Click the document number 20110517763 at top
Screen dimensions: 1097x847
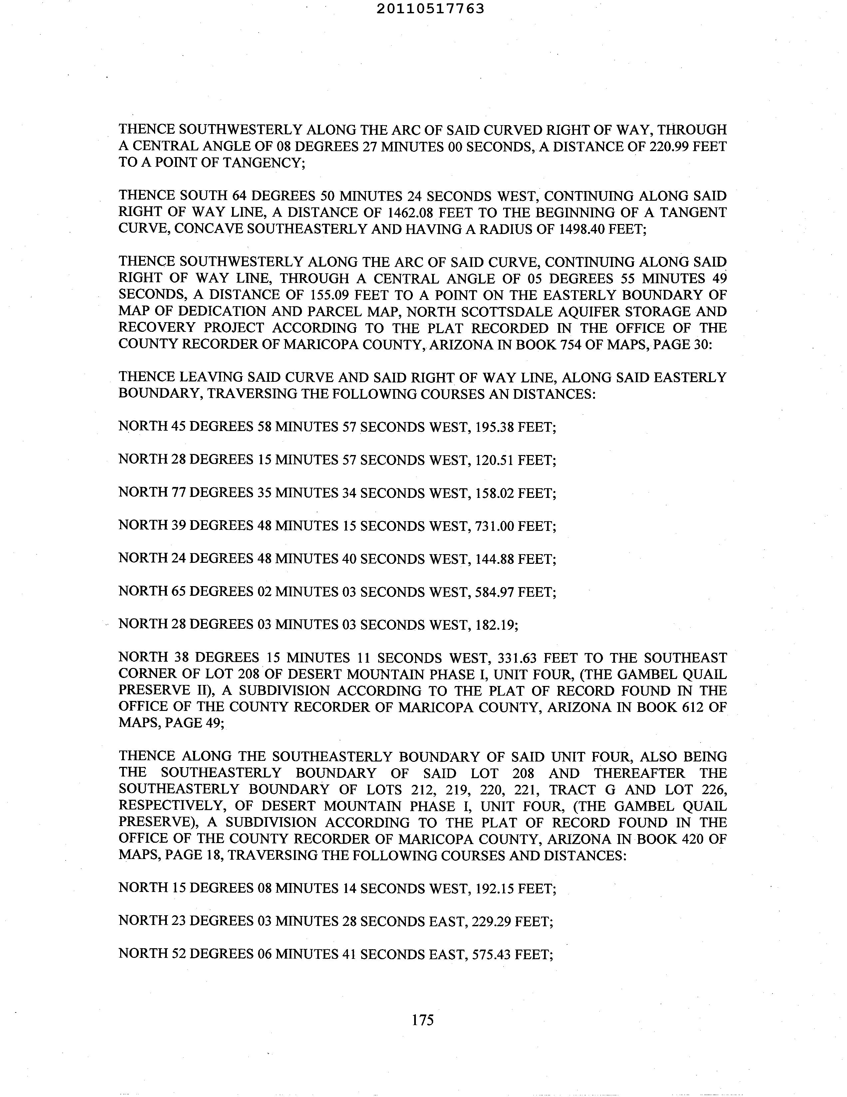430,9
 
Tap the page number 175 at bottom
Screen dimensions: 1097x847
423,1020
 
